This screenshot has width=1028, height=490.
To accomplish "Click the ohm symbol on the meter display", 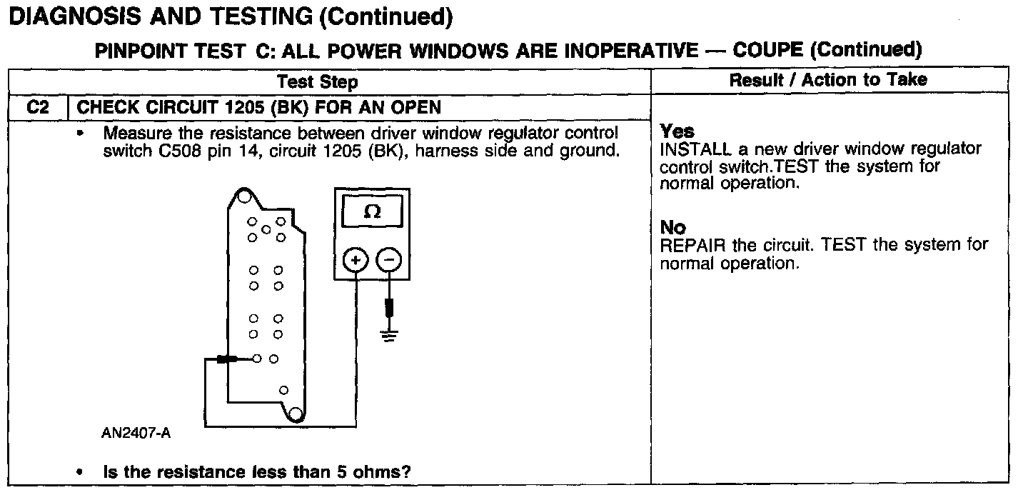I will (x=372, y=212).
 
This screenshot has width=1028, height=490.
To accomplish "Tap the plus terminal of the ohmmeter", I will (x=356, y=261).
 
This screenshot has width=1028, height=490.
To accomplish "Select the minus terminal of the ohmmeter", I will (x=388, y=261).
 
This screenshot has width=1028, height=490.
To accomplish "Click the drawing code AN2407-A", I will (x=136, y=433).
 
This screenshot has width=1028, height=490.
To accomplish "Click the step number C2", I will (x=36, y=107).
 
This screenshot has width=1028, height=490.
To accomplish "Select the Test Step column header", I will (x=317, y=81).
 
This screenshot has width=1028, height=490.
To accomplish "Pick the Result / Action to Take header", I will (x=828, y=80).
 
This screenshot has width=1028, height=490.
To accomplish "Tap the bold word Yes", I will (x=677, y=131).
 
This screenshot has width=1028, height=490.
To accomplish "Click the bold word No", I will (x=672, y=227).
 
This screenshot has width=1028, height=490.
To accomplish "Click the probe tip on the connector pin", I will (x=227, y=359).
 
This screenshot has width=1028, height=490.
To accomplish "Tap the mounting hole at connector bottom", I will (x=293, y=413).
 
